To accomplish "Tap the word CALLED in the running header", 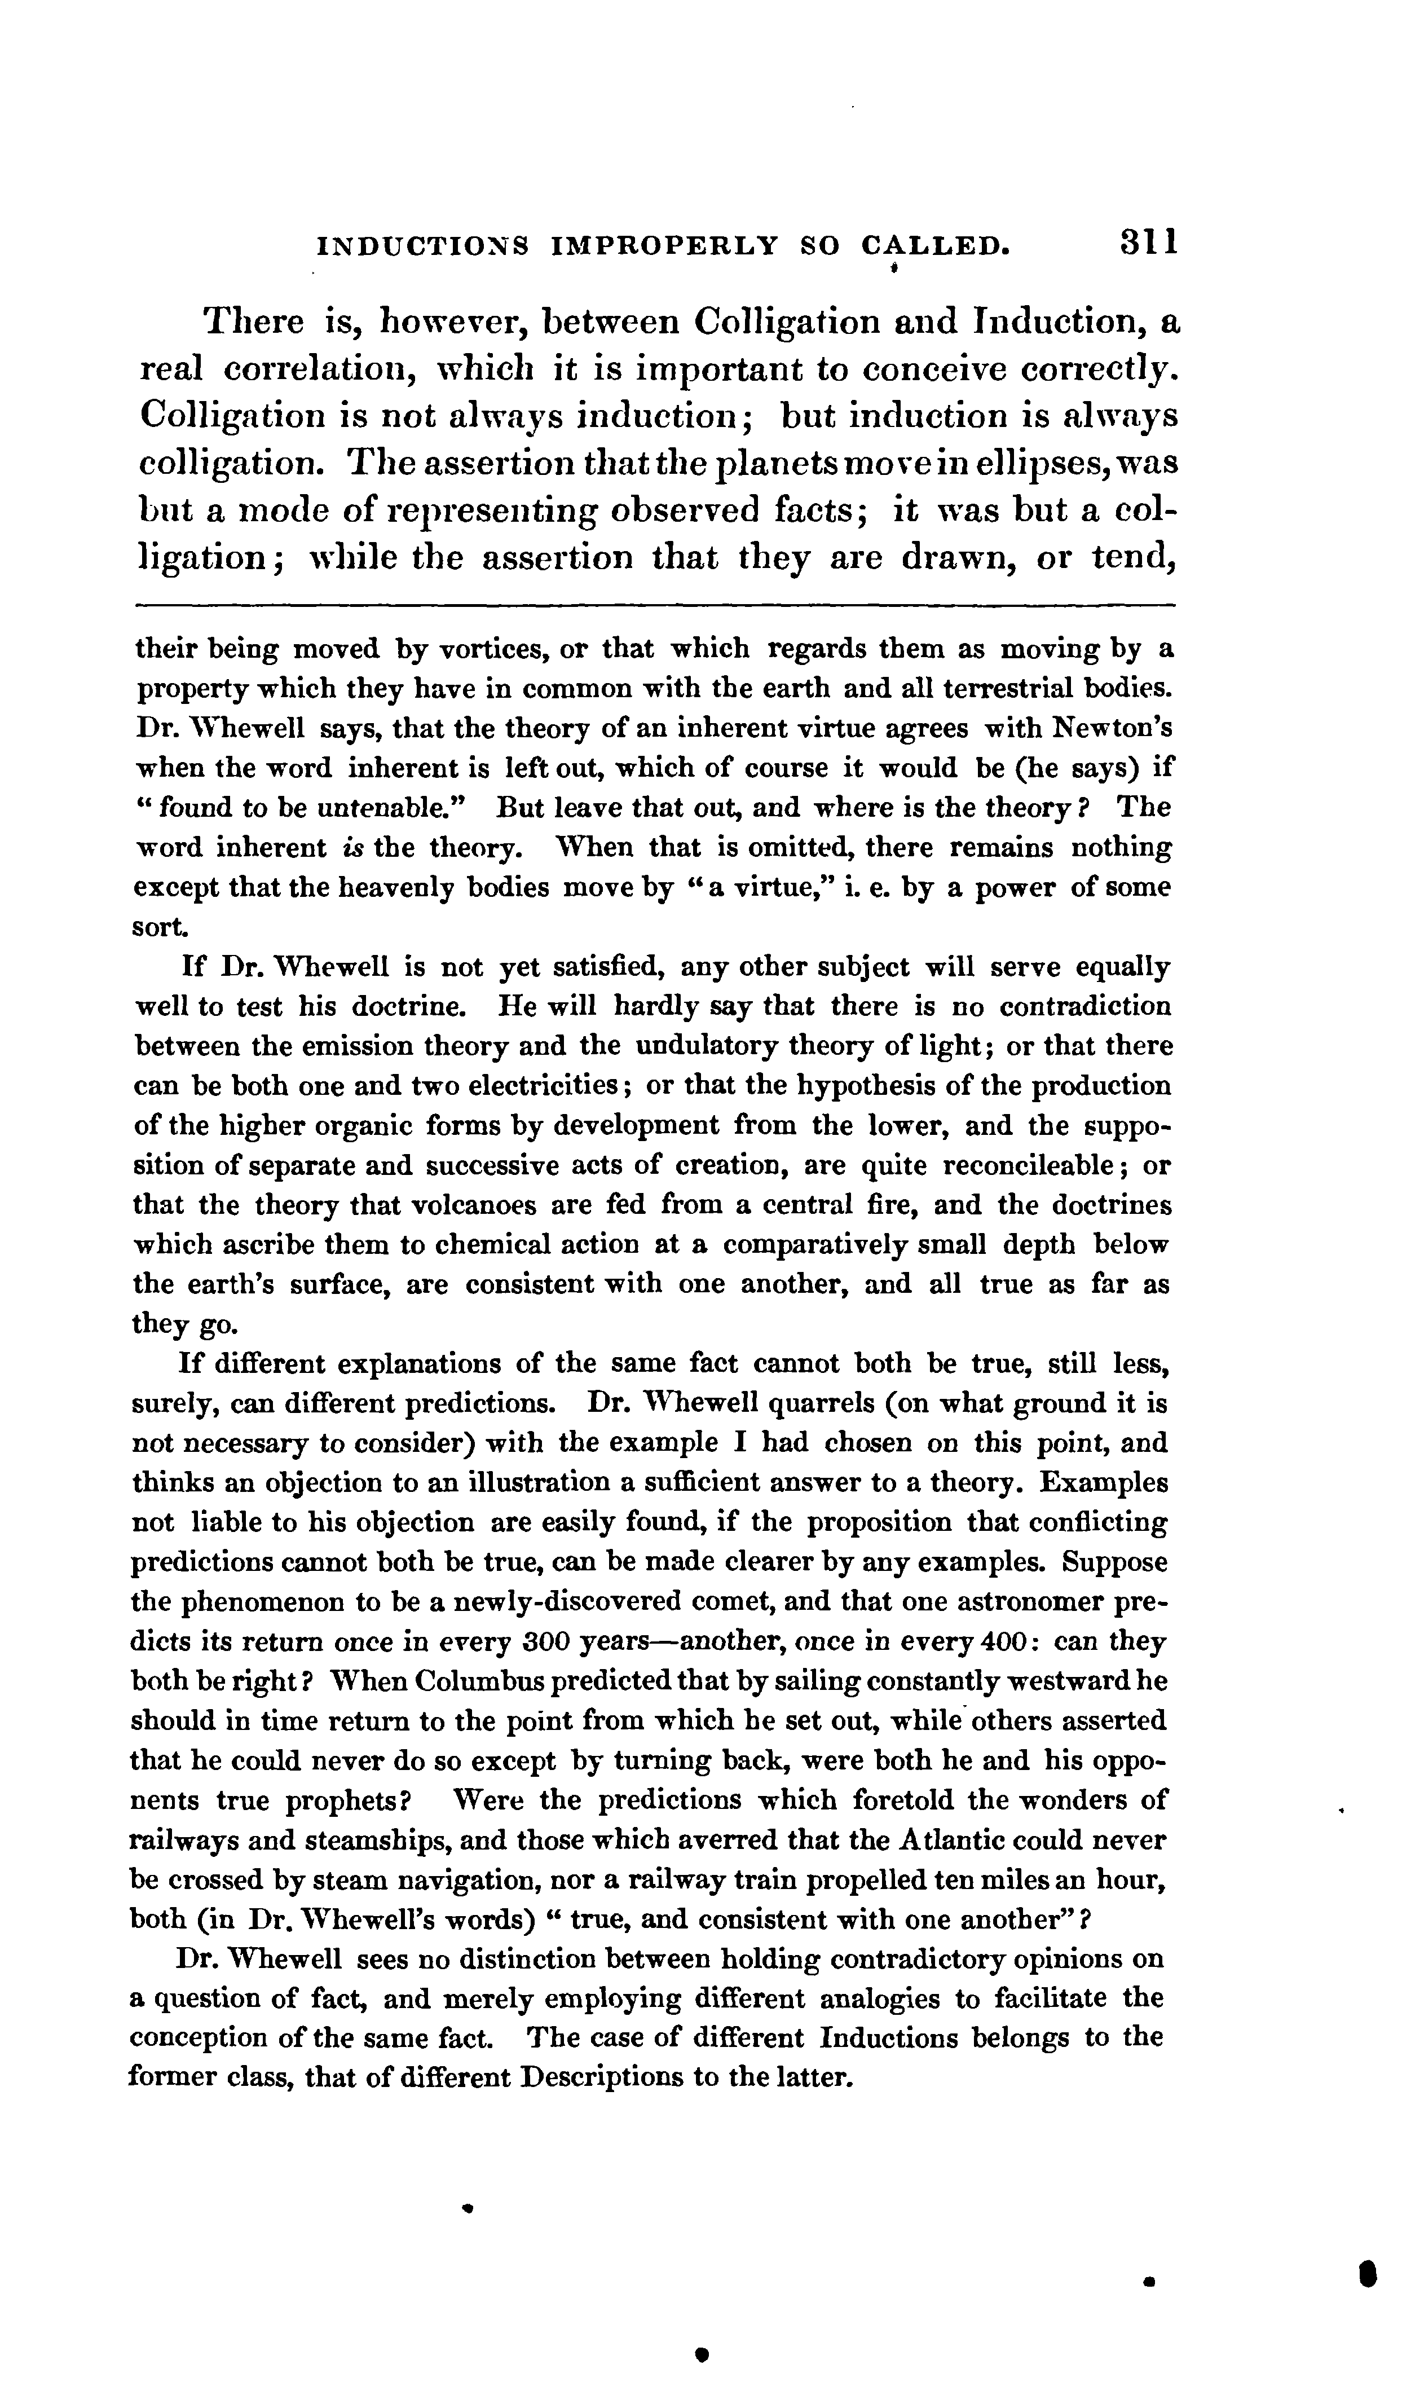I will click(x=936, y=246).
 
